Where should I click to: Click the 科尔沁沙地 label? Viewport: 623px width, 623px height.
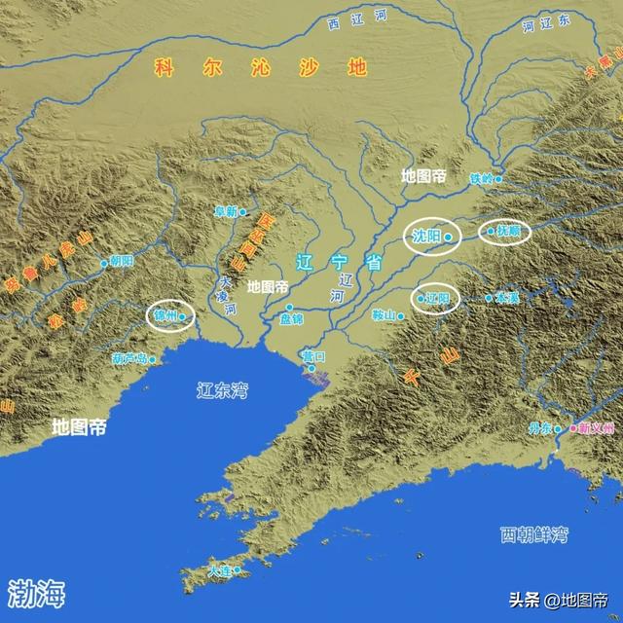pos(258,68)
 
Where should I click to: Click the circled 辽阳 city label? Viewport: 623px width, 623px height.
pos(437,298)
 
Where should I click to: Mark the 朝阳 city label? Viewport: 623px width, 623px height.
pos(121,262)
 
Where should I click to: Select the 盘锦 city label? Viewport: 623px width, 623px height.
pos(291,319)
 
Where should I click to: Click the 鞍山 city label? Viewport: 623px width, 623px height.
pos(385,315)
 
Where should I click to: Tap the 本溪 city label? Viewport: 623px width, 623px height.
pos(506,297)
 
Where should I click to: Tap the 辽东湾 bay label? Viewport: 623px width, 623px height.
pos(223,391)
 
